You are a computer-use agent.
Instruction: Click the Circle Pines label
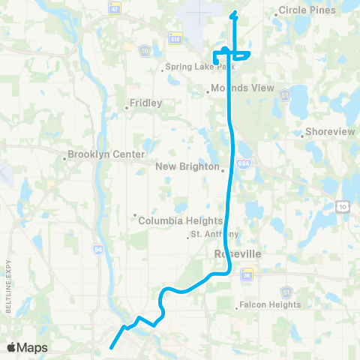[x=305, y=12]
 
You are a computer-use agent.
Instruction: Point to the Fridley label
[x=145, y=103]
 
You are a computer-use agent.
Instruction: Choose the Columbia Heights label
[x=181, y=220]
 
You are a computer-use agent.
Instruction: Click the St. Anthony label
[x=214, y=235]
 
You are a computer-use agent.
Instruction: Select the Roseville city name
[x=238, y=254]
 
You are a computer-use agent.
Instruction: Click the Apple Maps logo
[x=27, y=348]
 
